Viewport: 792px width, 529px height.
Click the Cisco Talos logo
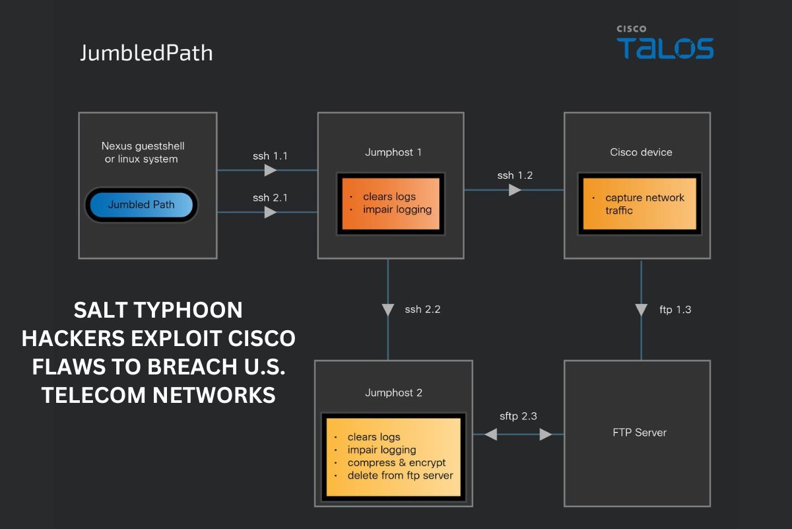(x=665, y=44)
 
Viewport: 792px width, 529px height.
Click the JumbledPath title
(x=146, y=53)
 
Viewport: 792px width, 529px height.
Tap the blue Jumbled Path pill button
(x=141, y=205)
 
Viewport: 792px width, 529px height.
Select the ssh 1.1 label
(x=270, y=157)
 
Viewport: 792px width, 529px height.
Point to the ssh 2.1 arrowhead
(x=270, y=213)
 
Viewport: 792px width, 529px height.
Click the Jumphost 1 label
(x=393, y=153)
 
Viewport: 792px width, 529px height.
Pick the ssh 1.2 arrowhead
(x=515, y=190)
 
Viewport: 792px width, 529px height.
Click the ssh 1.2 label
(x=515, y=176)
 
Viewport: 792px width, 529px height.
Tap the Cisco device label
(x=641, y=153)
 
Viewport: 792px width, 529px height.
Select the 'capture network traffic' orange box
(x=638, y=204)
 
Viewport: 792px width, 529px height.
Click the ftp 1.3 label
(x=675, y=309)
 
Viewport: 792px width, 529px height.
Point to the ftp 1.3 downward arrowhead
(x=641, y=310)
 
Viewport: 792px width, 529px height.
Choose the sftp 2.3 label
(x=518, y=416)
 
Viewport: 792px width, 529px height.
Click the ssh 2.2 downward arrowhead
(x=388, y=310)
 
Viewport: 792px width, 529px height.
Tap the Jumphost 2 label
(x=393, y=393)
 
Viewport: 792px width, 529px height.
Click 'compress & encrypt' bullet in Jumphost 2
(x=396, y=462)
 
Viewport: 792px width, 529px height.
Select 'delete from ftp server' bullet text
(x=400, y=476)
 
